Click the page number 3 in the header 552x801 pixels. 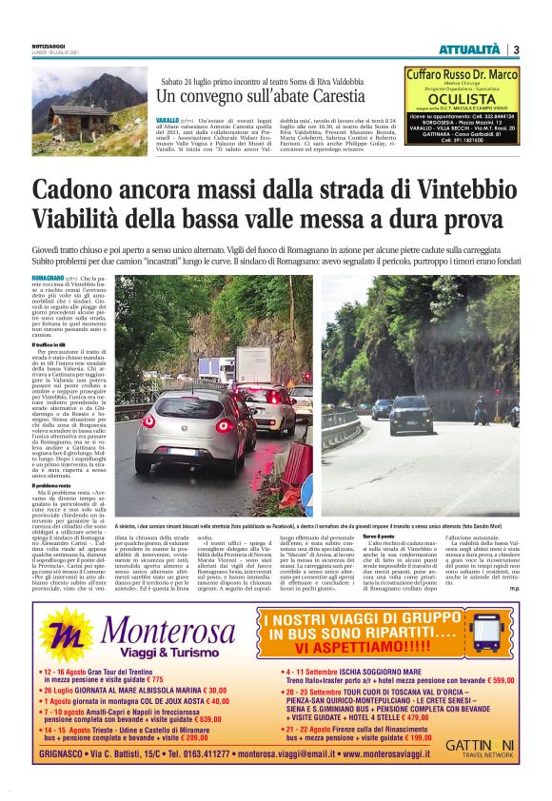click(x=515, y=49)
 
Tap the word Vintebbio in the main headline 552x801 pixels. click(x=441, y=188)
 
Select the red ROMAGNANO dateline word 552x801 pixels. click(x=49, y=278)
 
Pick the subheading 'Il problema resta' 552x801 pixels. click(x=53, y=485)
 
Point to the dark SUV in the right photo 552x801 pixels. click(x=410, y=415)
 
